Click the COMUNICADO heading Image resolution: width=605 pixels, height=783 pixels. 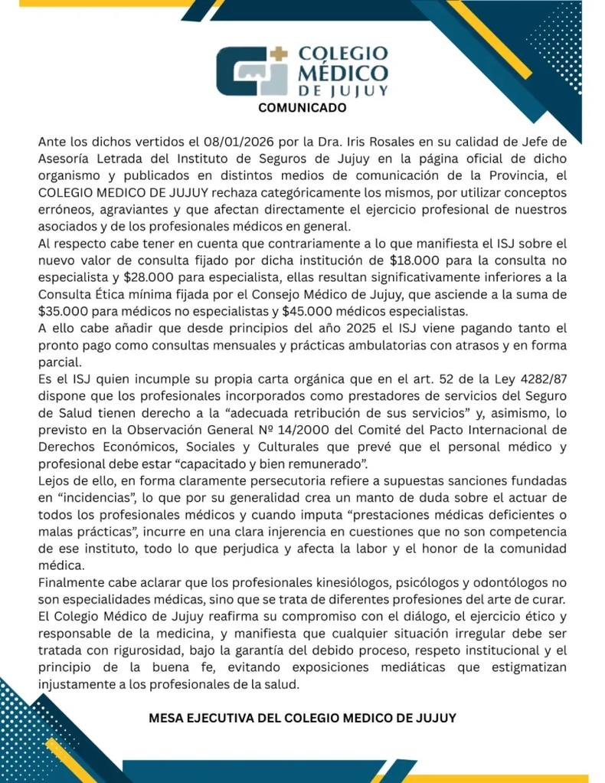coord(302,108)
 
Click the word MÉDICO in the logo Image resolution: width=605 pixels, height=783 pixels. coord(342,73)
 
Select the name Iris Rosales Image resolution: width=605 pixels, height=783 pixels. coord(366,142)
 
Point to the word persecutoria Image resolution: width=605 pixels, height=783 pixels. coord(266,481)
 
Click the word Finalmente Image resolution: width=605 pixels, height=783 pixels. coord(74,584)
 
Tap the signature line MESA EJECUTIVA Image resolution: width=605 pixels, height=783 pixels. coord(302,719)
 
